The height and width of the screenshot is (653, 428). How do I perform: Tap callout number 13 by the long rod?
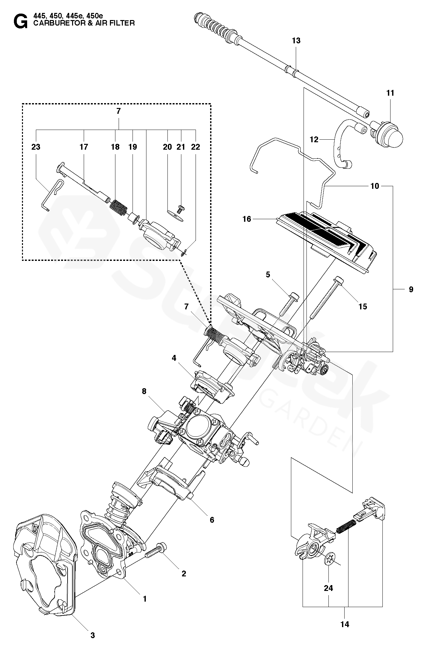296,40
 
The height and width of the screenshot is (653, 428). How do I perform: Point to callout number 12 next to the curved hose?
314,139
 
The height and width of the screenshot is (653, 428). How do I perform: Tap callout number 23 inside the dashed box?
36,147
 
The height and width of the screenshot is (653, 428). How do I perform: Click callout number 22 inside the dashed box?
195,147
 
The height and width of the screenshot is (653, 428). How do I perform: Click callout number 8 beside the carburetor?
144,391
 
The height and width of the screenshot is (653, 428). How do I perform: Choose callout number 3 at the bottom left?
92,636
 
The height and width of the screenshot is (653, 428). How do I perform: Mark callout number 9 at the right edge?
411,289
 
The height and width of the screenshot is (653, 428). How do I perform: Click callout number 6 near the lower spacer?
212,520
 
